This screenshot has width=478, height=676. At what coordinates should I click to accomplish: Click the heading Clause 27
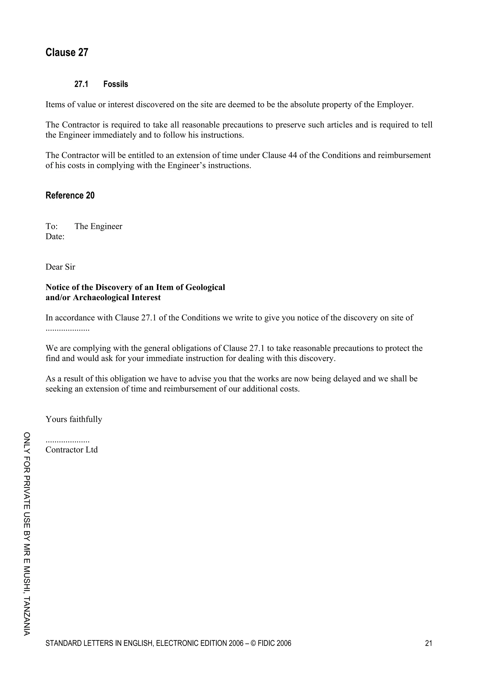67,53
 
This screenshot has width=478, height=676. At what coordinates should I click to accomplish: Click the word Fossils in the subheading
116,84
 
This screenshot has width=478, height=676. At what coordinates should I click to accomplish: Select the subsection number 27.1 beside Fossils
81,84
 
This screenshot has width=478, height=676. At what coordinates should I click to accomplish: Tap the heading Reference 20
70,196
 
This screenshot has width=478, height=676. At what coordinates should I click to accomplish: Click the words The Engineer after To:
98,226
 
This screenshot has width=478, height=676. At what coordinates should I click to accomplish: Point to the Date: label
55,237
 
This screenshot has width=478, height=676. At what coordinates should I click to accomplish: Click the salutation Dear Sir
60,267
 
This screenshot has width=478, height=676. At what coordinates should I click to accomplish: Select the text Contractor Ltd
72,450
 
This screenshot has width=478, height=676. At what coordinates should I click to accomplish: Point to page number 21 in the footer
429,643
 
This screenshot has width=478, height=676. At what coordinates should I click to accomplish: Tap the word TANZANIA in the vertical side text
27,615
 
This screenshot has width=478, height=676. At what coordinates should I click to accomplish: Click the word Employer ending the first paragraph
394,105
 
